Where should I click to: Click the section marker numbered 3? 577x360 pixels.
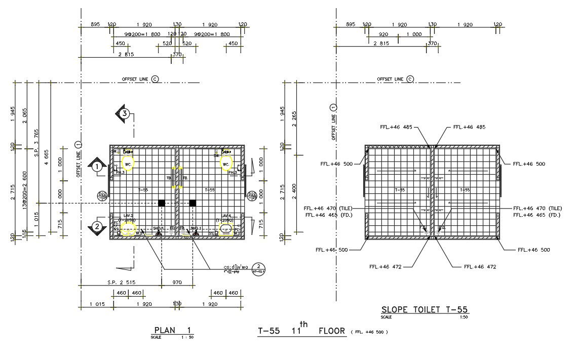pos(123,113)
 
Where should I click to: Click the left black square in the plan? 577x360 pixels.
pos(162,203)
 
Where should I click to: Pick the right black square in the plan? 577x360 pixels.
pos(193,203)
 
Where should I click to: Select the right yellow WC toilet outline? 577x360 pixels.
pos(226,164)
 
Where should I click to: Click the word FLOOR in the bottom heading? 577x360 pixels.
pos(332,331)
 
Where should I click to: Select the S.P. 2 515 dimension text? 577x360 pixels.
pos(121,282)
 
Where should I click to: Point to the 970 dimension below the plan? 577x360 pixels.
pos(177,282)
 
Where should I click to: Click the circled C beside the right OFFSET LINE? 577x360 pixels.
pos(410,79)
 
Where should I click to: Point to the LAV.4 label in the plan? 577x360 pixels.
pos(226,216)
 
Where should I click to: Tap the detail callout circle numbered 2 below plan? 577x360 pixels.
pos(258,268)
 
